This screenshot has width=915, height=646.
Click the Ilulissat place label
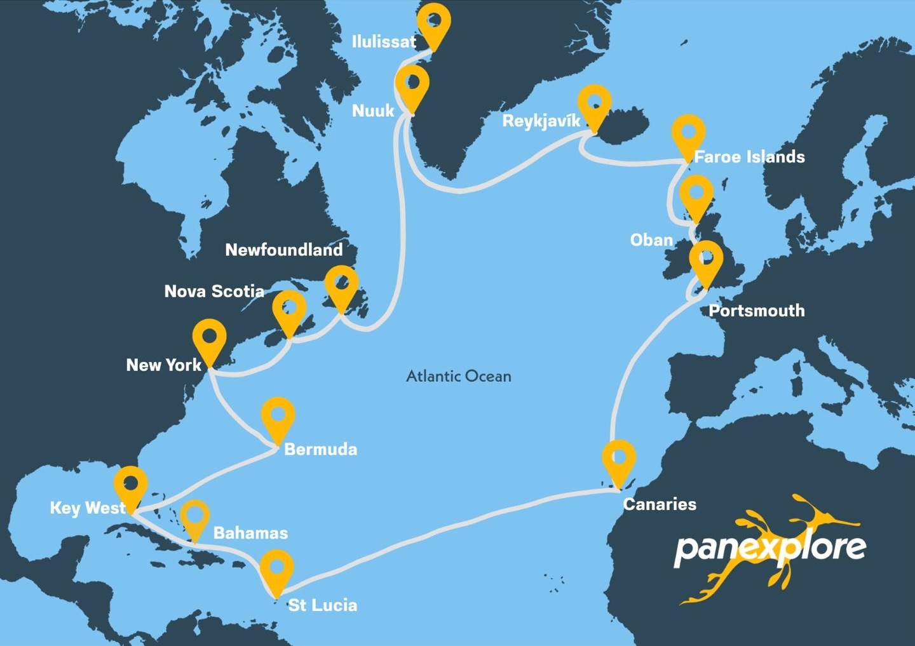[384, 42]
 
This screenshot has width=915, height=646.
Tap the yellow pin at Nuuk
[412, 86]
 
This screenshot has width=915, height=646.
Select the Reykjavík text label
[541, 121]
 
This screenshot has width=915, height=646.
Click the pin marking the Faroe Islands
[688, 134]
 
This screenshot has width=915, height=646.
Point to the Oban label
[651, 240]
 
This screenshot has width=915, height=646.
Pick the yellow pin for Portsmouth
[706, 260]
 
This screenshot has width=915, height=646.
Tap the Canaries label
[660, 504]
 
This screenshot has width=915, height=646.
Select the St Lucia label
[323, 605]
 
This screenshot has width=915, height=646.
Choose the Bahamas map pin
[194, 516]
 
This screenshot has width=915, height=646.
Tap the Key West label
[88, 508]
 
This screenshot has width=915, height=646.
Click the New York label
[163, 365]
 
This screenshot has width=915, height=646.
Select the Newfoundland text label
[284, 250]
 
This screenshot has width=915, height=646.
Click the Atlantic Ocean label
[459, 376]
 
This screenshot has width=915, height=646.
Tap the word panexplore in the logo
[769, 547]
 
